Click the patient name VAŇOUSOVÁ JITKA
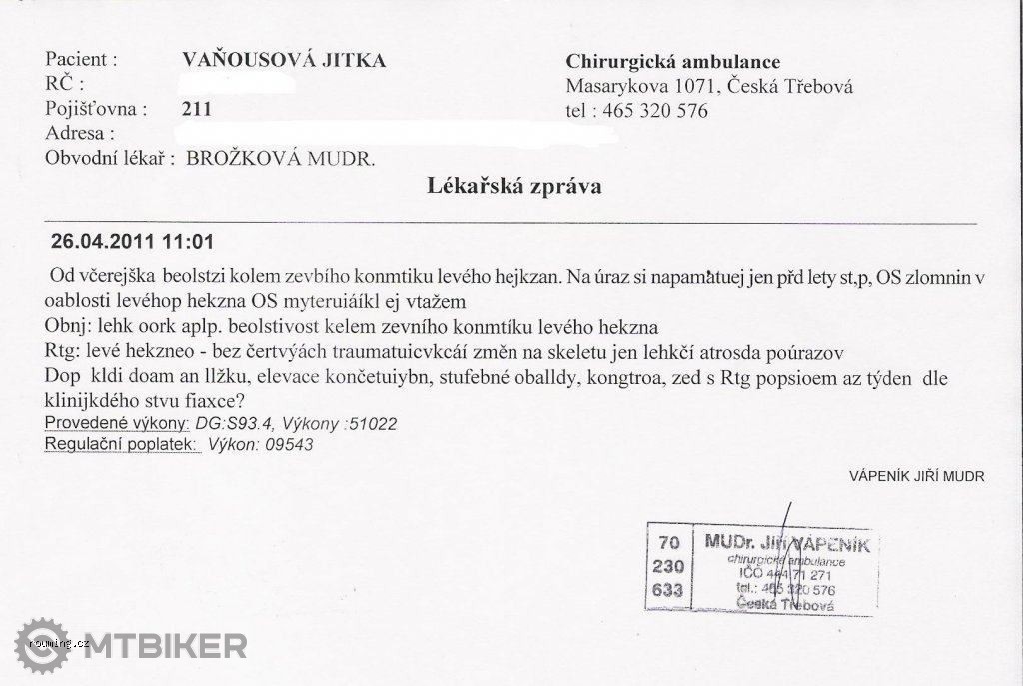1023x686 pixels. coord(286,60)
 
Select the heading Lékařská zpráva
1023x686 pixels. coord(513,186)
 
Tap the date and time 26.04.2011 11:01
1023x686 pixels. coord(131,242)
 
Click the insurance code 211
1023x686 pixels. coord(198,108)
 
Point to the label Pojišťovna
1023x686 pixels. coord(97,108)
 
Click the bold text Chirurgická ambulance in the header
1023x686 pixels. coord(672,62)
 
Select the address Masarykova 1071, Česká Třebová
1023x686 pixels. coord(708,86)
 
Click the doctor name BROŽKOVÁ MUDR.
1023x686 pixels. coord(281,158)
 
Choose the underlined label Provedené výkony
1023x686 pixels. coord(117,423)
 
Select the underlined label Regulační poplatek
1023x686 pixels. coord(123,444)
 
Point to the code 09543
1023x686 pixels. coord(289,445)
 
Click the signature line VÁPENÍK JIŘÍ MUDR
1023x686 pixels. coord(917,477)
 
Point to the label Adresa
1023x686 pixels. coord(81,132)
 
